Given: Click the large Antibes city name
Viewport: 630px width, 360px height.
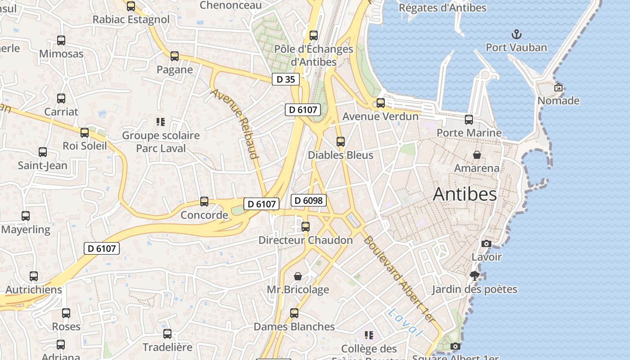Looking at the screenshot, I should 465,194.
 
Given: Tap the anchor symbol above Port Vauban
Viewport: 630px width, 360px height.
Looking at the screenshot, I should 517,34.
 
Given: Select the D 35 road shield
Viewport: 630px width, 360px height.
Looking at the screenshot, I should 285,80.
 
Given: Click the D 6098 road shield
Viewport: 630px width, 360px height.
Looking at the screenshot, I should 308,200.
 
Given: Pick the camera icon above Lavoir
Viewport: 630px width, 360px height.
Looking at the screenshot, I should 486,243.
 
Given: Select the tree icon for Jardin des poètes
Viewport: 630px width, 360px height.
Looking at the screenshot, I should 474,275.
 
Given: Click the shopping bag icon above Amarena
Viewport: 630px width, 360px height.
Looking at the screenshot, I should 477,155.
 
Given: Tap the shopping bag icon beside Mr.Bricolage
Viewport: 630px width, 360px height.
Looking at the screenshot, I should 298,276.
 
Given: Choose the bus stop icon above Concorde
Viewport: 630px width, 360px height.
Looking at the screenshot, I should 204,201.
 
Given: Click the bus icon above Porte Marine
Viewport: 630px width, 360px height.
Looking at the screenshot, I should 469,119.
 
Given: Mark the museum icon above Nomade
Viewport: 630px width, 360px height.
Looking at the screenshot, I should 558,87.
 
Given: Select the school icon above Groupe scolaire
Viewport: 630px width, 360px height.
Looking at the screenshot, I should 161,122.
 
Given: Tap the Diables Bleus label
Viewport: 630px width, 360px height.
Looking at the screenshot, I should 341,155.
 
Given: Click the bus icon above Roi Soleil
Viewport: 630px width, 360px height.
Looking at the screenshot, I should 85,132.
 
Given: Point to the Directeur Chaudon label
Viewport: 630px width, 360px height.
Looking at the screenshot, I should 306,240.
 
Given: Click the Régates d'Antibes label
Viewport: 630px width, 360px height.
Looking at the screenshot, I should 443,8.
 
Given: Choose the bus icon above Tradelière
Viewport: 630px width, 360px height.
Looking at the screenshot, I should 167,333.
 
